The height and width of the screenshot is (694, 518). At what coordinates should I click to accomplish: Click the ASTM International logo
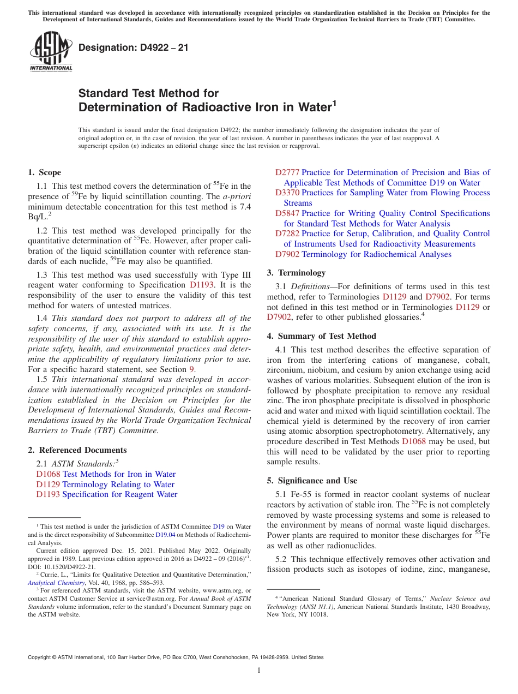pos(51,52)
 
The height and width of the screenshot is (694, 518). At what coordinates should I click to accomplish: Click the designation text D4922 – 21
pos(134,48)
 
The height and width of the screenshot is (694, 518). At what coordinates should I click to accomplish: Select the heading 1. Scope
pos(45,172)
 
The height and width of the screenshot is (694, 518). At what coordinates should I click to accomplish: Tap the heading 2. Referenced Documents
pos(77,450)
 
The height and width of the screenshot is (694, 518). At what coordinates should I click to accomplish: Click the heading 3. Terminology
pos(296,273)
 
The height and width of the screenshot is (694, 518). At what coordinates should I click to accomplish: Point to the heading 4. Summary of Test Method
pos(322,336)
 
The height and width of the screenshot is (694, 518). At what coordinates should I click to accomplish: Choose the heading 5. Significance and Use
pos(312,481)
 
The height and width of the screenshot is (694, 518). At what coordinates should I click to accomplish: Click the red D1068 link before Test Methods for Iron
pos(48,474)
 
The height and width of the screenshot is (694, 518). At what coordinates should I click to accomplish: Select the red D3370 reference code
pos(287,193)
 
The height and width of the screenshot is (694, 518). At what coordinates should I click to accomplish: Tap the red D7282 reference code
pos(287,234)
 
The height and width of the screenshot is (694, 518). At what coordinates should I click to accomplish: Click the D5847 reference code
pos(287,213)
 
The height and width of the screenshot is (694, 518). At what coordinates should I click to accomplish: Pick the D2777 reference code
pos(287,172)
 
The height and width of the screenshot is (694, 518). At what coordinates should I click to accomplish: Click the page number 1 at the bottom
pos(259,671)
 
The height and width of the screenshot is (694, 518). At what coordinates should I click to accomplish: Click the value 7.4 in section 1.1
pos(244,207)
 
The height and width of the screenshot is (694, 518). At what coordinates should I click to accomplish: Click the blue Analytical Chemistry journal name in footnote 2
pos(55,583)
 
